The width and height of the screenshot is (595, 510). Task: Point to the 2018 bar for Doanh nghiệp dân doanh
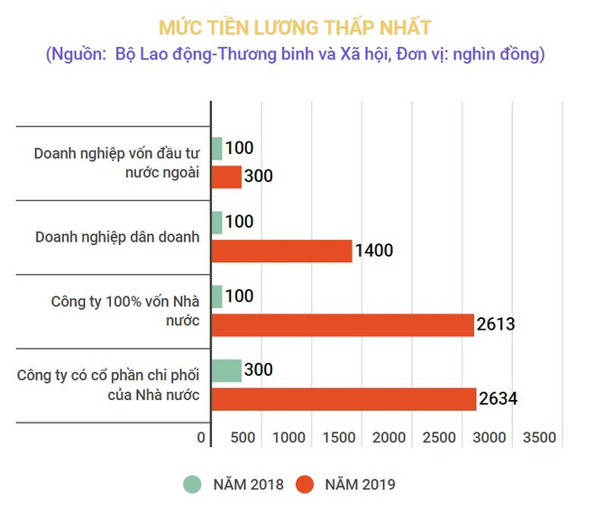215,223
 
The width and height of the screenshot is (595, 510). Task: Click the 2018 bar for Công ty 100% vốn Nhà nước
215,296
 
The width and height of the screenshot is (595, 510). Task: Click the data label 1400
374,250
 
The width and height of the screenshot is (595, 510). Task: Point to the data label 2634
497,398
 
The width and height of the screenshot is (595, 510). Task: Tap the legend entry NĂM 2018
235,484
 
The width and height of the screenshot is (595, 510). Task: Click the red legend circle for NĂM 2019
306,484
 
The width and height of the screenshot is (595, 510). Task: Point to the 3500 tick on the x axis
539,437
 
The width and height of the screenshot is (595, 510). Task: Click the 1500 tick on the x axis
338,437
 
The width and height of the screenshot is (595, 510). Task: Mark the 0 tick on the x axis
201,437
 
